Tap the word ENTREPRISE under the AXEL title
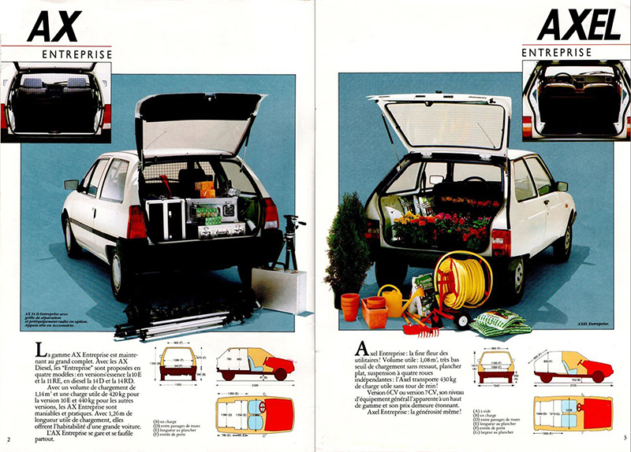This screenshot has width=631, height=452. (x=556, y=52)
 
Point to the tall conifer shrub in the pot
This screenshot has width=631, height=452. (x=348, y=244)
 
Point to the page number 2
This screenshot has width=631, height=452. (x=7, y=438)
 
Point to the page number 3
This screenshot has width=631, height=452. (x=623, y=438)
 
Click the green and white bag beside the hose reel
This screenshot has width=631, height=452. (x=496, y=322)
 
